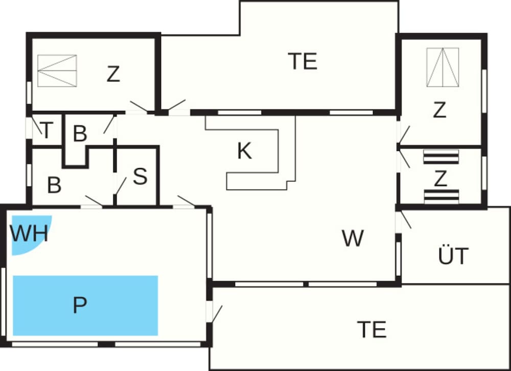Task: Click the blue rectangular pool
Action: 85,306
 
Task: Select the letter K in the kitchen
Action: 244,151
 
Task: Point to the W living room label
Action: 353,238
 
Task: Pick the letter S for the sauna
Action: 140,176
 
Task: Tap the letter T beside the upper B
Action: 47,130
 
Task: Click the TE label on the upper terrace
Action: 303,61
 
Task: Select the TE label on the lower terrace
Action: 372,329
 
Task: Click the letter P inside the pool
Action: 80,305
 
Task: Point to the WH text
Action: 29,233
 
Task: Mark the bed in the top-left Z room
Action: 57,71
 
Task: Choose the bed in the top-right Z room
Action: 443,67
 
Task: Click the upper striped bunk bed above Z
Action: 441,157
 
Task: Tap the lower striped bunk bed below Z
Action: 442,197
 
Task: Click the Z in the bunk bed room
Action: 440,178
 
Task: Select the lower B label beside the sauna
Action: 54,185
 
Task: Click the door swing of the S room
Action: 121,186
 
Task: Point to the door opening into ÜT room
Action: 406,220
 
